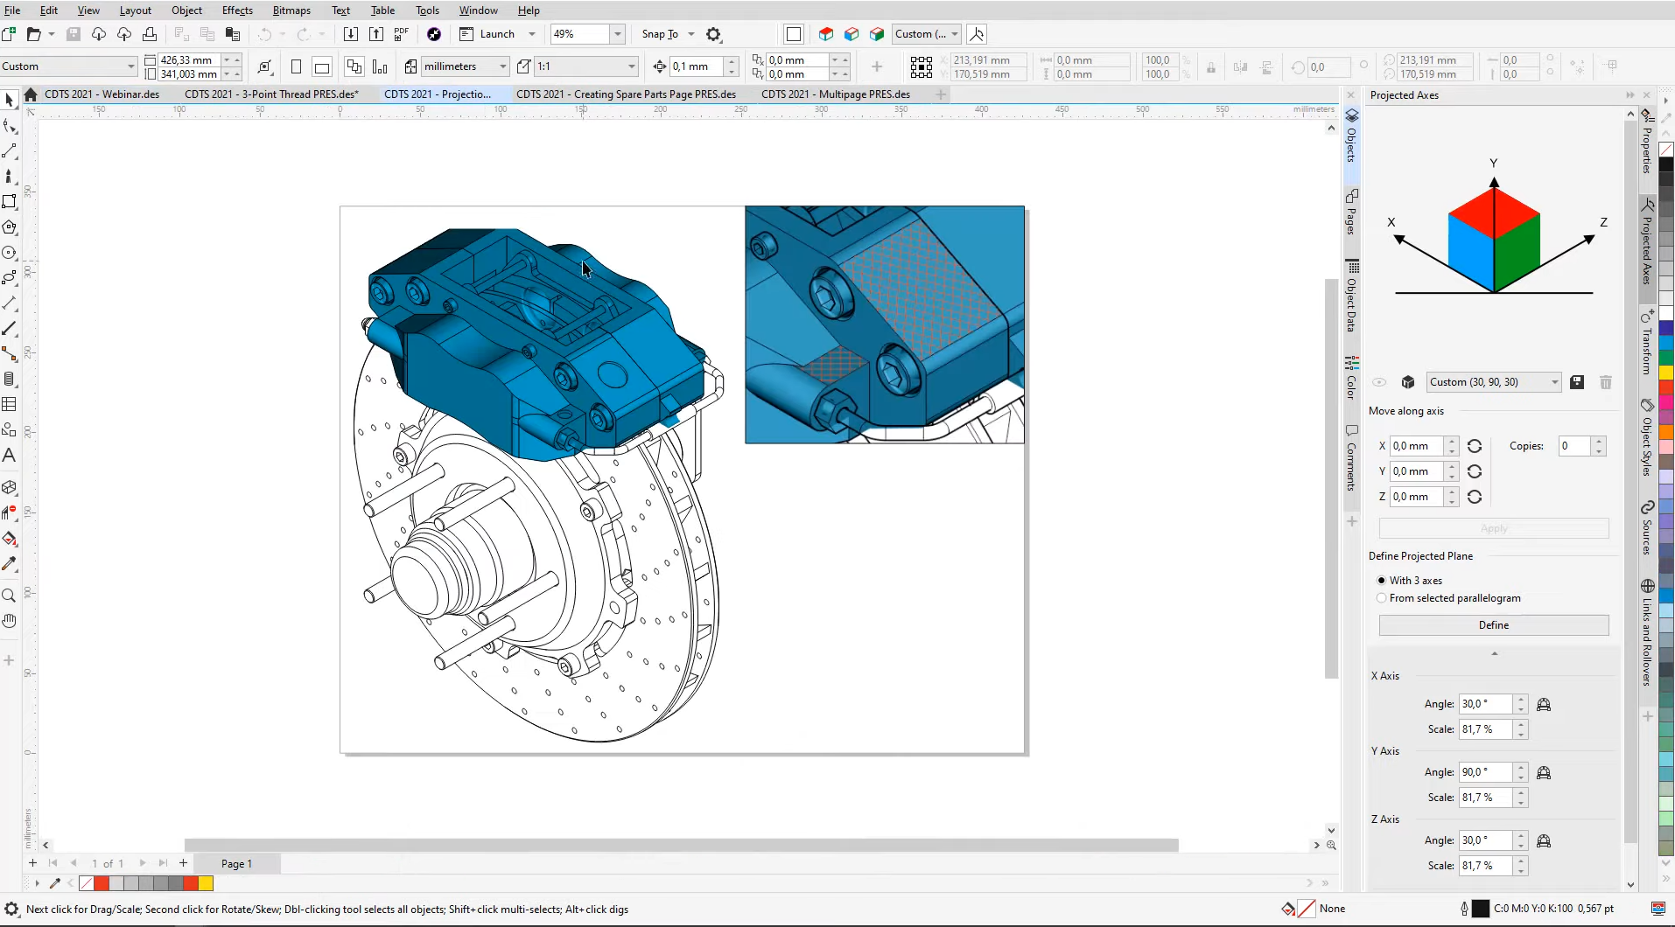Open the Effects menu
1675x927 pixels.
coord(237,10)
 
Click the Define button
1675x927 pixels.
coord(1493,625)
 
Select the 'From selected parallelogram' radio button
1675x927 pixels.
coord(1382,598)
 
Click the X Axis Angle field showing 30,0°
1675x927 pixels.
coord(1484,704)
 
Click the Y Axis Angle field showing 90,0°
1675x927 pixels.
coord(1484,772)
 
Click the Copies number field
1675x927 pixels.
coord(1574,446)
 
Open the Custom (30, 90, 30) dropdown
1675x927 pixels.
coord(1554,382)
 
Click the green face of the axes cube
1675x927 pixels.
coord(1518,253)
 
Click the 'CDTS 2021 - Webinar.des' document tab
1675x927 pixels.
coord(102,94)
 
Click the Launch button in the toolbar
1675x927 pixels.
coord(496,34)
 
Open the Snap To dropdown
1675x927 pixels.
coord(691,34)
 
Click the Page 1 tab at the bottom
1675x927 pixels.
coord(236,864)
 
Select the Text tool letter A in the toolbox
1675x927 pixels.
coord(10,456)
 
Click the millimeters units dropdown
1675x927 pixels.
coord(464,66)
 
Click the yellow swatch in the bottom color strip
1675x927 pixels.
coord(206,883)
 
